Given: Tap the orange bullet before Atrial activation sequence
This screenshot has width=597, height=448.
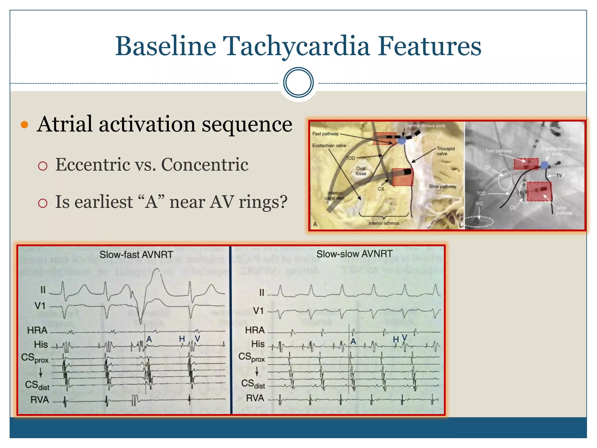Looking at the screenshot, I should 24,125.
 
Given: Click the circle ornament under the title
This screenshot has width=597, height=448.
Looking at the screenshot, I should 298,83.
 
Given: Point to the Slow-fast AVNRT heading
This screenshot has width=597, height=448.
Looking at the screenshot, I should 136,255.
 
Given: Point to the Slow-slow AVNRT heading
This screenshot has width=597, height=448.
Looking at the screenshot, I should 354,254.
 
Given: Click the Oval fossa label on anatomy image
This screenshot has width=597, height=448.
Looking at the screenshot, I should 361,171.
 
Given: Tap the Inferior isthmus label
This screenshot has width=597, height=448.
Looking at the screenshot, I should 384,223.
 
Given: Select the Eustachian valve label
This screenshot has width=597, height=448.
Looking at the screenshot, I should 329,146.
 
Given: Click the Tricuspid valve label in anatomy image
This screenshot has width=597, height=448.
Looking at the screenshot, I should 445,151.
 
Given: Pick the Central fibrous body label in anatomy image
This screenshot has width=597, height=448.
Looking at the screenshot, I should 425,126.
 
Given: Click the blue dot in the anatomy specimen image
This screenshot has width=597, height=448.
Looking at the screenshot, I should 402,141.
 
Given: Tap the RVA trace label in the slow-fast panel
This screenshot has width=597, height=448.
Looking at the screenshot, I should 39,400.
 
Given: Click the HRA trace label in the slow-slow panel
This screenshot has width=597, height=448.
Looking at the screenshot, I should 255,330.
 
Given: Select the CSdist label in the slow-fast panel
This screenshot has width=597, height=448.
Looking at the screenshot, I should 37,385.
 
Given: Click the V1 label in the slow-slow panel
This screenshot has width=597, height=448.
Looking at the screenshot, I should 258,311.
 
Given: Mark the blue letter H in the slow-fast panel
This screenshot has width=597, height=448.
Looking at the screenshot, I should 182,339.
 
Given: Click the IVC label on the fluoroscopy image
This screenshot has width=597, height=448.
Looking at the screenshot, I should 479,204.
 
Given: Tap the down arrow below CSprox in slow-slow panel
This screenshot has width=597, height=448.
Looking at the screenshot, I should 257,371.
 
